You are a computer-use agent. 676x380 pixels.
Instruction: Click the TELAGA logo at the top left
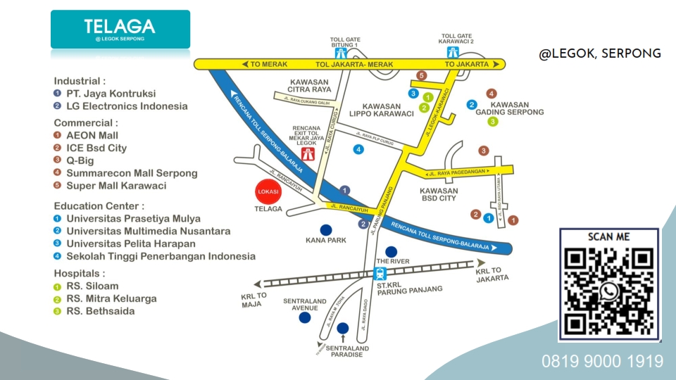click(x=120, y=29)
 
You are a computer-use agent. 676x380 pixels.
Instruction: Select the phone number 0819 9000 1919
click(x=602, y=362)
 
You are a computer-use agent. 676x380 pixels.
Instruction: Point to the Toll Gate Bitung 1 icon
click(x=341, y=53)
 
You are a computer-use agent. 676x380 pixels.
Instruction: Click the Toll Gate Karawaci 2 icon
click(x=453, y=52)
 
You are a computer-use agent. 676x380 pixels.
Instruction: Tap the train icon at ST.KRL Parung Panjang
click(x=381, y=274)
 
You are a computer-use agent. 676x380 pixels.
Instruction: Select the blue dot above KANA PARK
click(x=325, y=229)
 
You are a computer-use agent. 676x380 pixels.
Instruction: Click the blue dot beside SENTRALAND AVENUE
click(x=304, y=317)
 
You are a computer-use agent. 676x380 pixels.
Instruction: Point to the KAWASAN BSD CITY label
click(x=438, y=194)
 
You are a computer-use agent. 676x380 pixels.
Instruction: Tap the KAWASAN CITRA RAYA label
click(x=311, y=85)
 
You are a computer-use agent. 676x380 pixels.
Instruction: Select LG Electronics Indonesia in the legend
click(x=127, y=106)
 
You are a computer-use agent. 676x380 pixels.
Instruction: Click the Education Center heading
click(x=99, y=206)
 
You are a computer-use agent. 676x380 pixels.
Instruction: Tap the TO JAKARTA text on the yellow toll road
click(x=467, y=64)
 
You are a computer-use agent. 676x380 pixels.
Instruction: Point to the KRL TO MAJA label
click(x=254, y=300)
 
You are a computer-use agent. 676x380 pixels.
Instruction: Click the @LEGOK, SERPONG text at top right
click(x=600, y=53)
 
